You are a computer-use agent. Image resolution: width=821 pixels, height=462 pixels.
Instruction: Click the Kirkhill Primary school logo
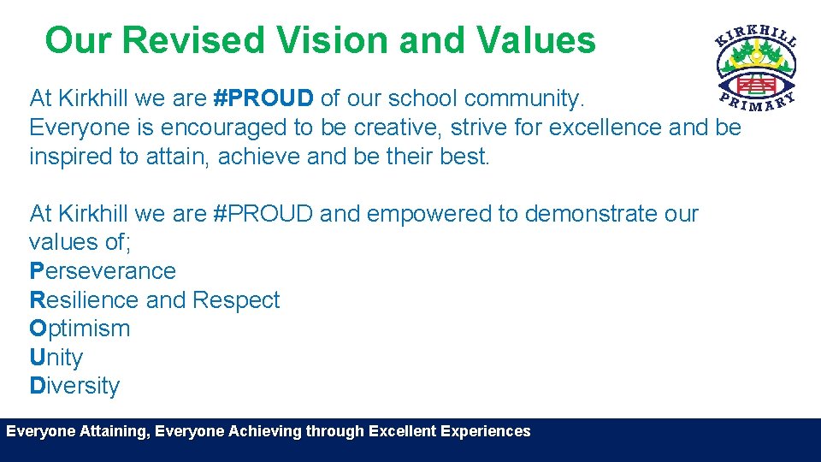point(756,68)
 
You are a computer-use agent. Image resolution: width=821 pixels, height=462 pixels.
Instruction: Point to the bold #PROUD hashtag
point(263,99)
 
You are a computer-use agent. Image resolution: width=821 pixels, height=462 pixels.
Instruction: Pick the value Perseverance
point(103,271)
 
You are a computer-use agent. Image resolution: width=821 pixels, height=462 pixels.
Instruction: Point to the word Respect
point(236,300)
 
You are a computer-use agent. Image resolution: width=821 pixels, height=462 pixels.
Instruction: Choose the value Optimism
point(80,329)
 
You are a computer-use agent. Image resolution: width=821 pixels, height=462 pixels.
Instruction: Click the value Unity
point(56,358)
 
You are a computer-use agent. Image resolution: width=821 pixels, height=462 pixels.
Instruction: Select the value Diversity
point(74,386)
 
